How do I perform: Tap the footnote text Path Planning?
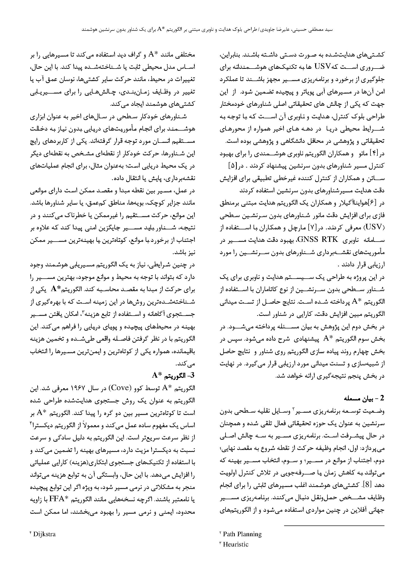point(242,534)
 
